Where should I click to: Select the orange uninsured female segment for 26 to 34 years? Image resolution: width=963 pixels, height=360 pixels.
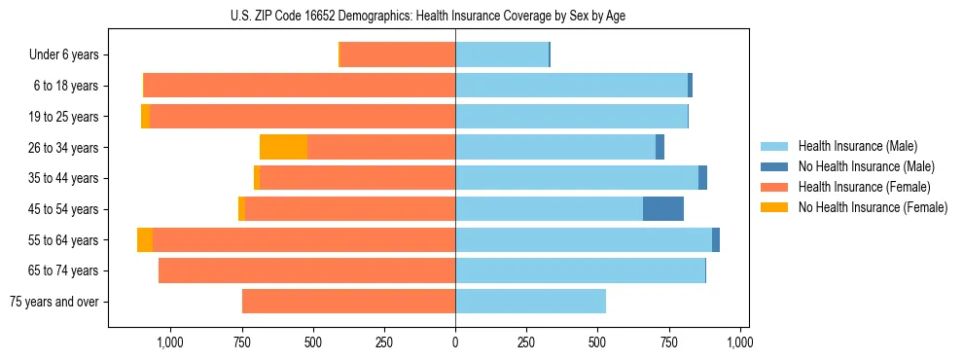pos(283,147)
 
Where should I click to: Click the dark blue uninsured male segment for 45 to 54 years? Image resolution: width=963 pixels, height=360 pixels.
pos(663,208)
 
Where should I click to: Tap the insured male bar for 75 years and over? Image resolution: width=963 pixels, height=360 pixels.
pos(530,302)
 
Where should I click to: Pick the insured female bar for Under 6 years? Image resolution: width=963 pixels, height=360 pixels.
pos(397,54)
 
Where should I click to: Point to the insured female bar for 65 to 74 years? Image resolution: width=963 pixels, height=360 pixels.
pos(306,270)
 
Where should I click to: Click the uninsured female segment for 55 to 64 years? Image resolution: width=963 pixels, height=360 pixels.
pos(145,239)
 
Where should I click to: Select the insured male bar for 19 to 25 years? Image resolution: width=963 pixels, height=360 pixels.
pos(571,116)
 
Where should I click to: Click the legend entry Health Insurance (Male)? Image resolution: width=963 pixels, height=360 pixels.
pos(856,146)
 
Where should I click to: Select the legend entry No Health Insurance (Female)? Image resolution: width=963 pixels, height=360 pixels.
pos(872,207)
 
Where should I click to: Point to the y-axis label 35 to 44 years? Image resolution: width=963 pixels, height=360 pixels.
pos(66,178)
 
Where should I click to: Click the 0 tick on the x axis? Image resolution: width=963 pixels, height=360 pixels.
pos(455,342)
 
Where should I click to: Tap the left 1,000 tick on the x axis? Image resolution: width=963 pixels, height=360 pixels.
pos(170,342)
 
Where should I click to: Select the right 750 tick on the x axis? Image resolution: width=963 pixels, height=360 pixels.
pos(669,342)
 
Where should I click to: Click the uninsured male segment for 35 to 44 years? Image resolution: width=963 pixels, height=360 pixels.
pos(702,178)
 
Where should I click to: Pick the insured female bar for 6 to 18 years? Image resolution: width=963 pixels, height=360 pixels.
pos(299,86)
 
